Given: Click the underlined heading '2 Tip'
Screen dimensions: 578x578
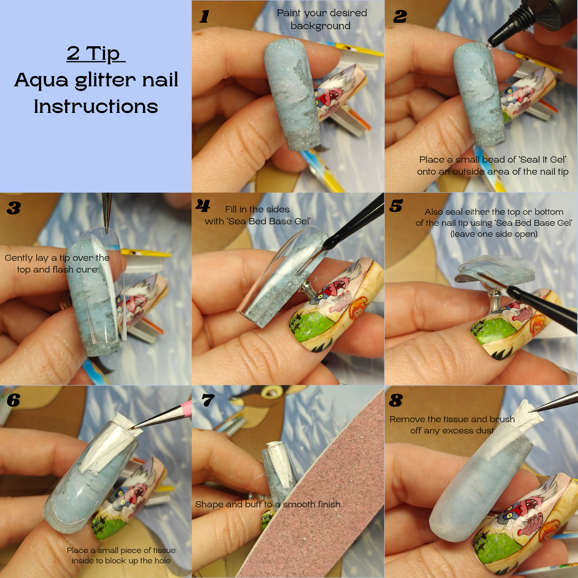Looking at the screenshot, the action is click(x=96, y=54).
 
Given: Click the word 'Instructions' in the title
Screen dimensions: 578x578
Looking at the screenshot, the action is click(x=96, y=106).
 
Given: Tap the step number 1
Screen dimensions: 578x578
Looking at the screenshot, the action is click(x=204, y=17).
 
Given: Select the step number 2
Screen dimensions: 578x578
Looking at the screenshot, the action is click(x=400, y=17).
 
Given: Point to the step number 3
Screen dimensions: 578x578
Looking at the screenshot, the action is click(x=14, y=208).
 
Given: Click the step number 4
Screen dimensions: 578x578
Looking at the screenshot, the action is click(x=203, y=206).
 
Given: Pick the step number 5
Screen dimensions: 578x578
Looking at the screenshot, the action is click(x=396, y=206).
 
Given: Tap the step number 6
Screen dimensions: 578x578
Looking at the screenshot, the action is click(x=13, y=400).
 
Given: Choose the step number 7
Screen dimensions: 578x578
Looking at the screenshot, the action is click(x=208, y=400).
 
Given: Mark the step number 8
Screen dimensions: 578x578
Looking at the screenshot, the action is click(x=396, y=400).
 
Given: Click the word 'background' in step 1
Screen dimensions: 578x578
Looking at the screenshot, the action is click(x=321, y=26).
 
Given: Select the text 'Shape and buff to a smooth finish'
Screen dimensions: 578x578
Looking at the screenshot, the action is click(x=268, y=504).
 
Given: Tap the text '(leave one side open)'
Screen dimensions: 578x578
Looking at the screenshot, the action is click(x=494, y=234).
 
